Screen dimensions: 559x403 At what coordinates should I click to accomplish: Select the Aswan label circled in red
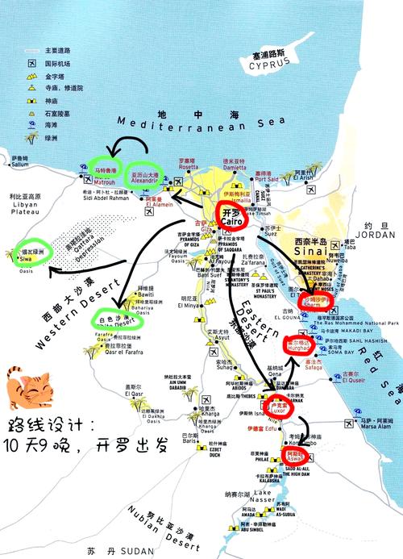point(295,457)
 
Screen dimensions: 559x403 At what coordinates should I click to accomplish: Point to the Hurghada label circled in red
point(298,348)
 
